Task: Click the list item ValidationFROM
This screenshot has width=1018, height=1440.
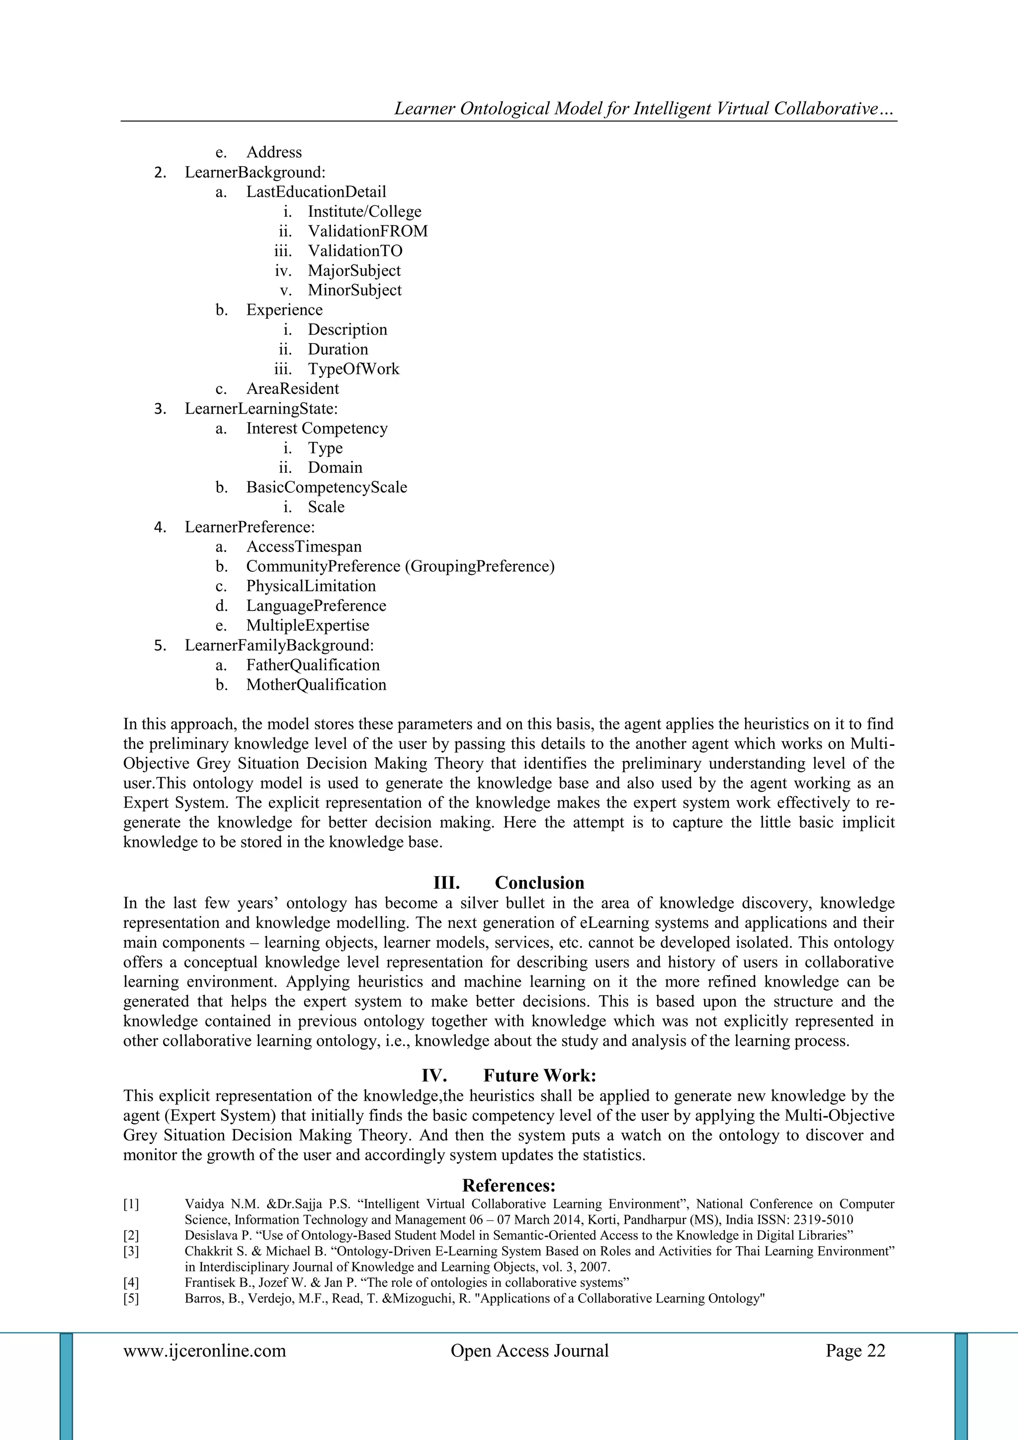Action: [x=367, y=231]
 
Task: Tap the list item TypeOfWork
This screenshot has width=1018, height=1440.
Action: [x=353, y=369]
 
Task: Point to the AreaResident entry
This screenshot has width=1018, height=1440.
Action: [x=292, y=389]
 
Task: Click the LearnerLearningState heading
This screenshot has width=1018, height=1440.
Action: [x=261, y=409]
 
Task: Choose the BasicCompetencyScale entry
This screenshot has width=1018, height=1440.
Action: [x=326, y=487]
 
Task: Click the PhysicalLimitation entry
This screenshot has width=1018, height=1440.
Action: [x=311, y=586]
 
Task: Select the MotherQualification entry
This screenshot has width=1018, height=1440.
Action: [x=316, y=684]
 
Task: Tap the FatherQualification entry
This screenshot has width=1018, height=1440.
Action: [x=313, y=665]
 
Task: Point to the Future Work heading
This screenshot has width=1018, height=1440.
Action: [x=539, y=1076]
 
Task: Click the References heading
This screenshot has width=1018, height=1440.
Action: [x=509, y=1185]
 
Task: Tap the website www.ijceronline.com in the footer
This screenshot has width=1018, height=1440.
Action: [x=204, y=1351]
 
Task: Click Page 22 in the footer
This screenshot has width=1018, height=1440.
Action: [x=855, y=1351]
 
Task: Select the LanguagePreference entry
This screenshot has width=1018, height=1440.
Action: [x=316, y=606]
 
